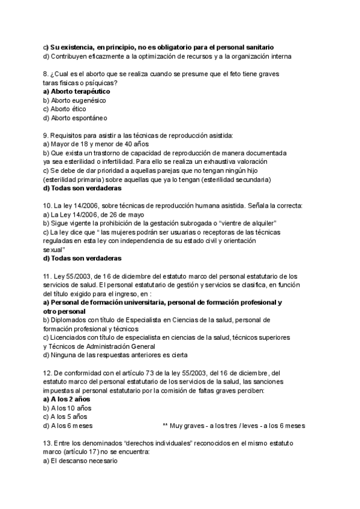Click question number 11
48,276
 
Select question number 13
48,442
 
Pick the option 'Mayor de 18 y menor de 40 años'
96,145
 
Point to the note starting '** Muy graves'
233,426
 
